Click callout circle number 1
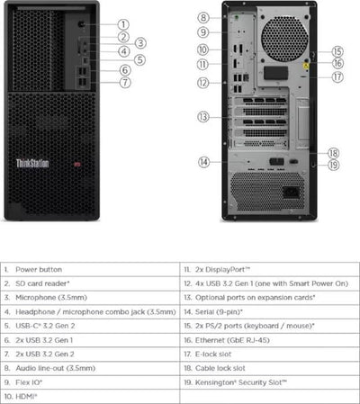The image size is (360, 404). pyautogui.click(x=123, y=24)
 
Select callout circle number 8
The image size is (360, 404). pyautogui.click(x=203, y=17)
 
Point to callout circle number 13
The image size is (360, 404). pyautogui.click(x=203, y=116)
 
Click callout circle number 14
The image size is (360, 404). pyautogui.click(x=203, y=162)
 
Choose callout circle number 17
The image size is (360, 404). pyautogui.click(x=337, y=77)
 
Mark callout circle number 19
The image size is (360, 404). pyautogui.click(x=333, y=165)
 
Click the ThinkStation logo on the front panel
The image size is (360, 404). pyautogui.click(x=33, y=164)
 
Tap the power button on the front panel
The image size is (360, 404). pyautogui.click(x=83, y=25)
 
